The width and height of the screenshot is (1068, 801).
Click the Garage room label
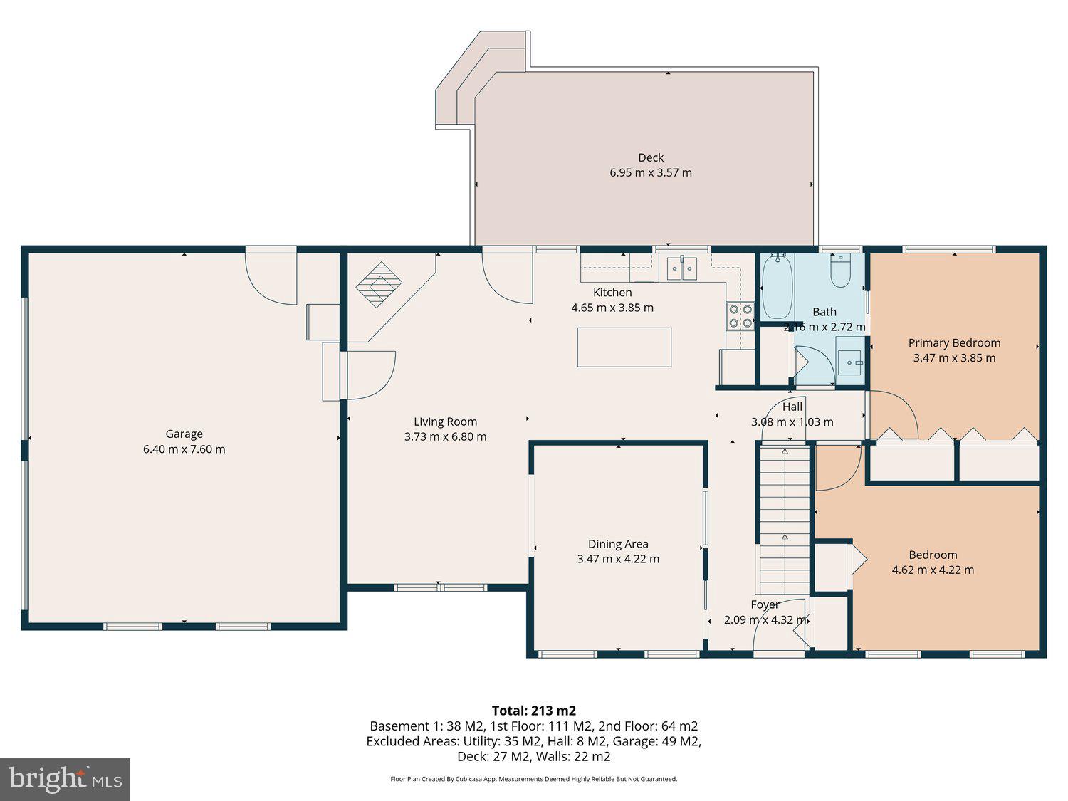[184, 434]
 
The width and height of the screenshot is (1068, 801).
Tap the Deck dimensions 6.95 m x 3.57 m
[650, 173]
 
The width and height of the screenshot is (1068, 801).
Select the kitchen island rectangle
[624, 347]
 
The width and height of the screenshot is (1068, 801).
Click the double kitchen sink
[682, 268]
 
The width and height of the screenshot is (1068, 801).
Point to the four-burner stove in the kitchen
[740, 316]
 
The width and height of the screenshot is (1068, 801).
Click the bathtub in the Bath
[777, 287]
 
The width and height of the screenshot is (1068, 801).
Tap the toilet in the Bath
[840, 272]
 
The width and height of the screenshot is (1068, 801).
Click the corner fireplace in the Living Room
[379, 285]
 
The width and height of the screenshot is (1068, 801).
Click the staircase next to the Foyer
[785, 518]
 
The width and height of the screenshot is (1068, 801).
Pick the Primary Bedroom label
[954, 343]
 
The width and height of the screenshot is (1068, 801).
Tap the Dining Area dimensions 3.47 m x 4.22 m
[618, 560]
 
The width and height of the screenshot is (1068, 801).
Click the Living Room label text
[445, 422]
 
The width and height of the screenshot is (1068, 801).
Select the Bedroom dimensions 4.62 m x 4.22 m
[933, 570]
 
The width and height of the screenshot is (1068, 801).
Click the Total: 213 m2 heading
[533, 711]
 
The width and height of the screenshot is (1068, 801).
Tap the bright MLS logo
[65, 779]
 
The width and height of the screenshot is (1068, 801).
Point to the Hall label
[792, 407]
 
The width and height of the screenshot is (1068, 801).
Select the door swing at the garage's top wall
[271, 278]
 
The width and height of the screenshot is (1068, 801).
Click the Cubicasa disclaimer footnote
[533, 779]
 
